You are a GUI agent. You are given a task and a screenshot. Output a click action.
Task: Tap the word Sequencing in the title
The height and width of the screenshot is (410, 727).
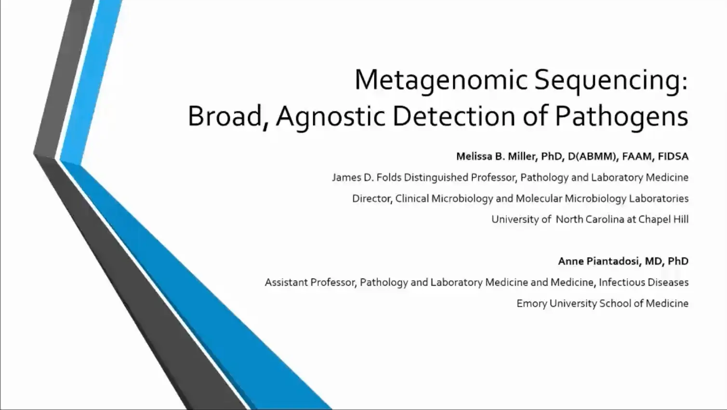click(611, 80)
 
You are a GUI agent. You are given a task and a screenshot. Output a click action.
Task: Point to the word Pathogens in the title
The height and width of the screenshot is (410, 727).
click(621, 117)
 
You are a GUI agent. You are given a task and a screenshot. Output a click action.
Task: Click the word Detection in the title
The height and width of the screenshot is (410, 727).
click(454, 117)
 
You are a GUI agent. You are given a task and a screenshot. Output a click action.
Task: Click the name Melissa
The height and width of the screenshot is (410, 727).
click(474, 157)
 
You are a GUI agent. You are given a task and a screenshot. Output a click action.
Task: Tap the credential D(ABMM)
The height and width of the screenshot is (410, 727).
click(593, 157)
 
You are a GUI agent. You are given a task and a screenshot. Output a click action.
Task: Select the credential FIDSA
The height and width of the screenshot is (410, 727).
click(673, 157)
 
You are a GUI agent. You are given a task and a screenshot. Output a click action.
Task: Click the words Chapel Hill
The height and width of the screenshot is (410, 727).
click(663, 219)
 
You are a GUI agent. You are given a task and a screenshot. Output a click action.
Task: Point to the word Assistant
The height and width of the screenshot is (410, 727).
click(286, 282)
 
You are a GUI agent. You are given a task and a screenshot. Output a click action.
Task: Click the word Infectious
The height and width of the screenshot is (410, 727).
click(621, 282)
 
